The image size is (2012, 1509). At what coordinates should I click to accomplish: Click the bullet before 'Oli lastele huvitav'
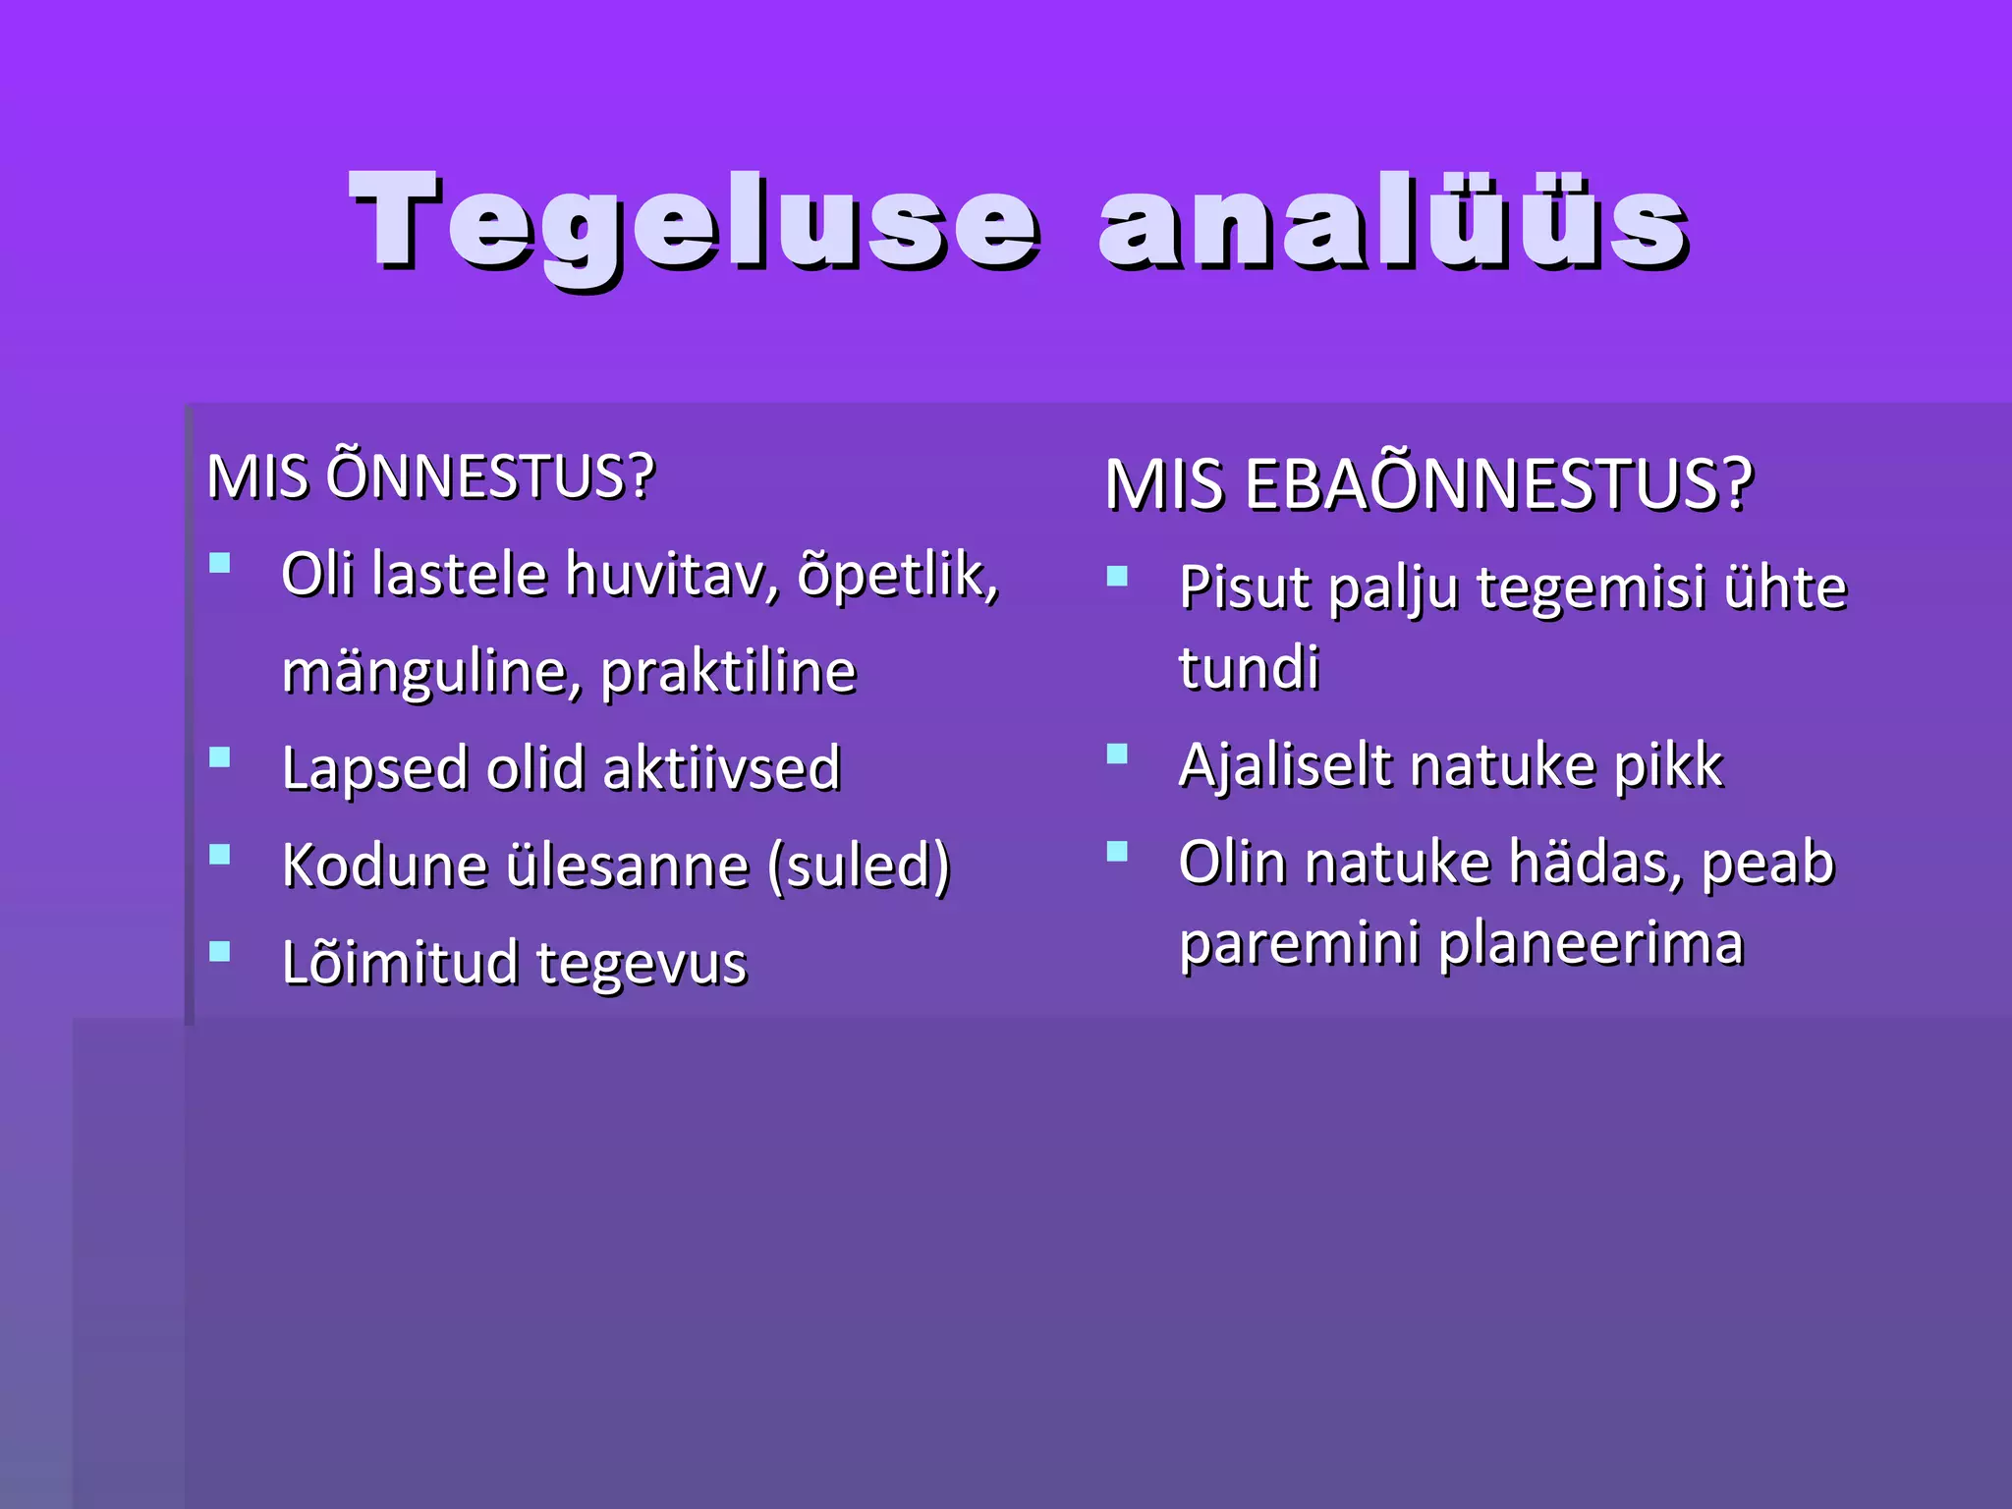click(x=220, y=564)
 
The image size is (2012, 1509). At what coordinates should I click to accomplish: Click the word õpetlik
click(x=897, y=575)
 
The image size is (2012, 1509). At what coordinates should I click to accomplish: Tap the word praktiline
click(x=728, y=673)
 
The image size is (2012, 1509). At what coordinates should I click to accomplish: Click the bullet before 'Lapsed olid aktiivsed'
click(x=220, y=757)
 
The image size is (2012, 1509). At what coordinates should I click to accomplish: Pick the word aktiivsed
click(x=722, y=768)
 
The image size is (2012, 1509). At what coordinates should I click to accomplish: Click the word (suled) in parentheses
click(x=860, y=866)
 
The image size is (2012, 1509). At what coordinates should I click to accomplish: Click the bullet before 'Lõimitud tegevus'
click(x=220, y=951)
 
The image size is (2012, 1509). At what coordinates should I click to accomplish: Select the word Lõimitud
click(x=399, y=962)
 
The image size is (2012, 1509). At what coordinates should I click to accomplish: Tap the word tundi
click(x=1249, y=668)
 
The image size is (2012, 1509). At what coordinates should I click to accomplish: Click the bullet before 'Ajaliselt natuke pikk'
click(x=1117, y=754)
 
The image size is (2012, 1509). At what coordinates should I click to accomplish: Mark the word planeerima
click(x=1592, y=944)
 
